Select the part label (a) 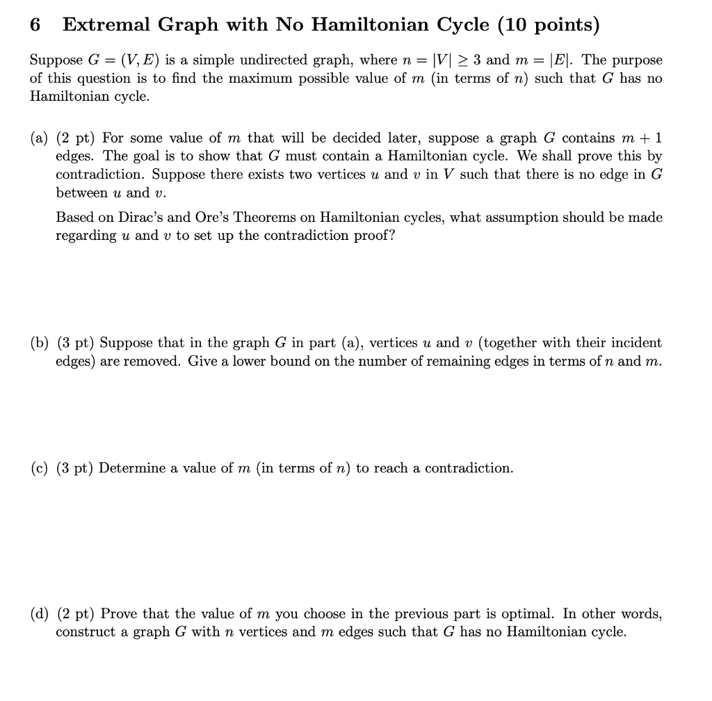(x=39, y=138)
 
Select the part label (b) (x=39, y=343)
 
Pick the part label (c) (x=39, y=468)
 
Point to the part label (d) (x=39, y=614)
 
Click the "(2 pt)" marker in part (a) (x=76, y=138)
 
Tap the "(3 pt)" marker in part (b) (x=76, y=343)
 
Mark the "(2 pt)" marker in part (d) (x=76, y=614)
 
